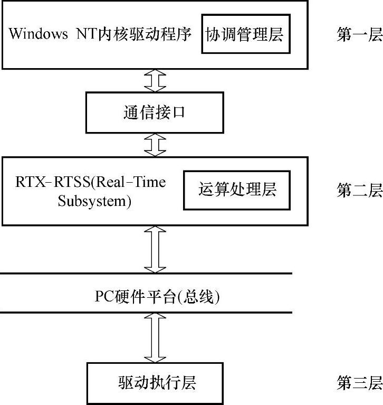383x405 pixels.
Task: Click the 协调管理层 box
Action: point(246,35)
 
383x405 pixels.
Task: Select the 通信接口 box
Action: point(155,112)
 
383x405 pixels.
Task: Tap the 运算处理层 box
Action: point(237,190)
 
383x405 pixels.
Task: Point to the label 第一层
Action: point(359,35)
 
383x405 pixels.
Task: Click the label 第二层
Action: point(359,190)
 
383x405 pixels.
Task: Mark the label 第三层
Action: point(359,382)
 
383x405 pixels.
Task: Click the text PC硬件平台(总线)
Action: point(157,297)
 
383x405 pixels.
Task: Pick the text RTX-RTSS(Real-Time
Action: point(90,183)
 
